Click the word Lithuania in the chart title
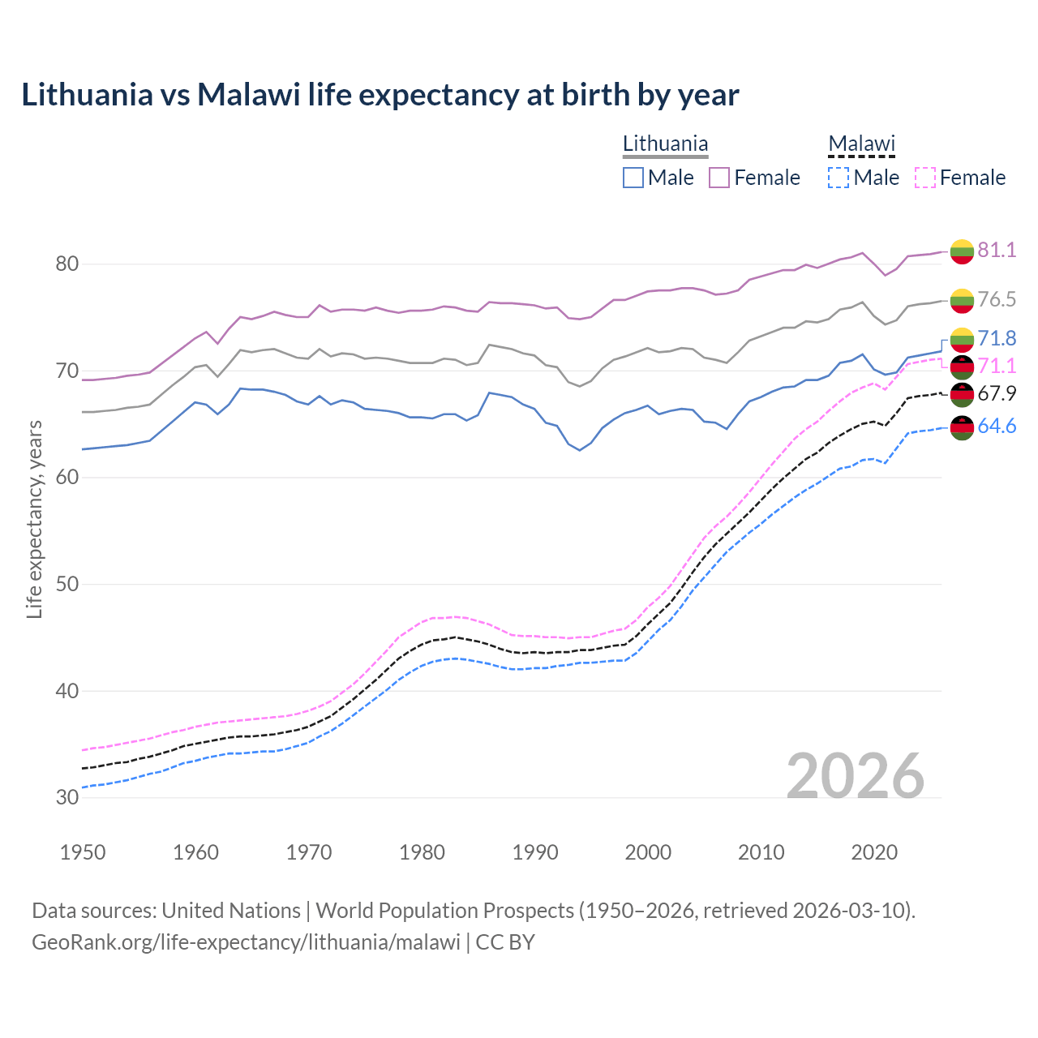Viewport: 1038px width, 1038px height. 87,95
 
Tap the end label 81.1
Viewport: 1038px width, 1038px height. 997,250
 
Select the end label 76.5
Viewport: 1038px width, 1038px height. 997,299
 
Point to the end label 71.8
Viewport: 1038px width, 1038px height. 997,338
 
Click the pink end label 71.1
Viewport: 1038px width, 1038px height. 997,367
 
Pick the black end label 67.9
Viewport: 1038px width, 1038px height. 997,394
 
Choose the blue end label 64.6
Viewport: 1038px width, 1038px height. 997,427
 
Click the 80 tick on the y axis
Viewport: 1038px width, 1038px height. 67,264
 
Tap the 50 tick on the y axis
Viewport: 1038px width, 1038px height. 67,585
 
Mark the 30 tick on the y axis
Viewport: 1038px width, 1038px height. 67,798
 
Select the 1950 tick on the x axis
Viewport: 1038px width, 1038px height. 83,852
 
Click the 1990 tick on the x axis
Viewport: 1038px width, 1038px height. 535,852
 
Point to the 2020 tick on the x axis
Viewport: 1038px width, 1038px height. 874,852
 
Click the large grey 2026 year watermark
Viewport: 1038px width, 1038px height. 855,776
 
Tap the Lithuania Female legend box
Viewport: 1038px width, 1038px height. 719,178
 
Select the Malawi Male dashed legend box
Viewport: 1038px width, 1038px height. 839,178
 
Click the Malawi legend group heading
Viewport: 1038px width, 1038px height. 861,144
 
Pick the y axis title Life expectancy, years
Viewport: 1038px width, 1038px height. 34,519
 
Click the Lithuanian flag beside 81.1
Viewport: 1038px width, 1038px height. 962,251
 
